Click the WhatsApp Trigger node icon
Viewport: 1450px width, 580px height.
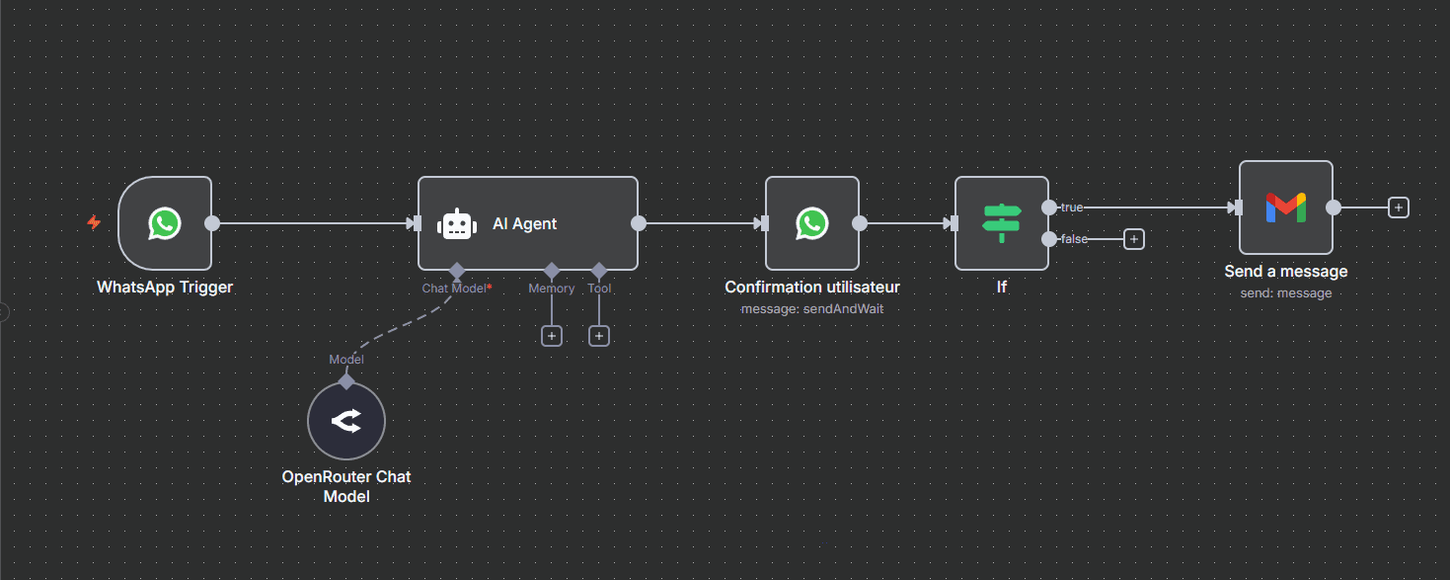165,223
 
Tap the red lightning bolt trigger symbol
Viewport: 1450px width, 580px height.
94,223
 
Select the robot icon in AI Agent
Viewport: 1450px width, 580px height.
457,224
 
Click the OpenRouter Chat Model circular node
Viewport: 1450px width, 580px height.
346,421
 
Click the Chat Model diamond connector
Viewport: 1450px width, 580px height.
457,270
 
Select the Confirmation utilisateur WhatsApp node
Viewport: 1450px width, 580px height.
812,223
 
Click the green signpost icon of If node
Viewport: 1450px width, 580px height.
1002,223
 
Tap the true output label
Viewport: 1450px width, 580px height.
1072,207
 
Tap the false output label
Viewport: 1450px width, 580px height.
1074,239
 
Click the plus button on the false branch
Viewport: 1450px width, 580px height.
1133,239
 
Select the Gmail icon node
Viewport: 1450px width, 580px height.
1286,207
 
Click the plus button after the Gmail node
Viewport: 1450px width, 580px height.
1399,207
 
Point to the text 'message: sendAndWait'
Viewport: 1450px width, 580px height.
812,309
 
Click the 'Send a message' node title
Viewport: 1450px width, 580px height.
1286,272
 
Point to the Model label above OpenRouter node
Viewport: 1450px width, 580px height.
346,359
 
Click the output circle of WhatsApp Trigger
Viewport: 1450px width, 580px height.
212,223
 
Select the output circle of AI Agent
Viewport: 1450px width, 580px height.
639,223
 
